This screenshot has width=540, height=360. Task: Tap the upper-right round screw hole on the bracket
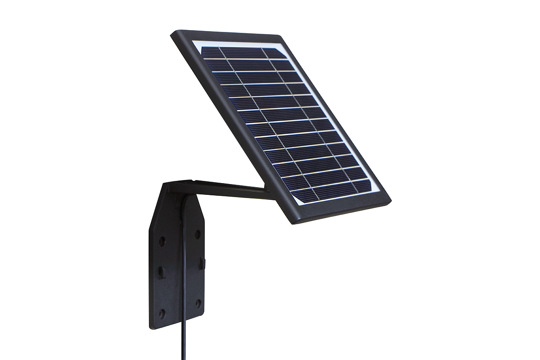(197, 234)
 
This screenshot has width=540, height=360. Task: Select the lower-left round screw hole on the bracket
(162, 312)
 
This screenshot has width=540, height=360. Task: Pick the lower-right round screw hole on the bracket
(197, 304)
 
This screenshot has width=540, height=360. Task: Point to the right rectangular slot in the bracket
(200, 260)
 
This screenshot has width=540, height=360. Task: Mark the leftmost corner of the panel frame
(172, 33)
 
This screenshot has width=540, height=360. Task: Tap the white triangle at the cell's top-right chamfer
(284, 54)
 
